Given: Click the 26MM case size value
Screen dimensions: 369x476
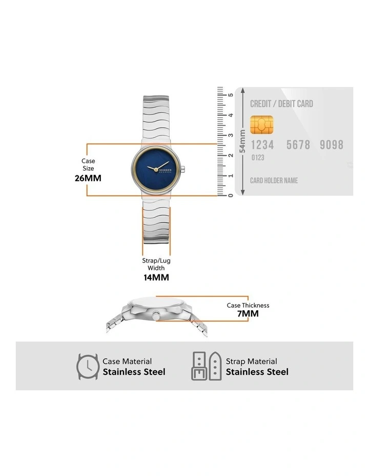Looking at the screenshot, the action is (x=88, y=178).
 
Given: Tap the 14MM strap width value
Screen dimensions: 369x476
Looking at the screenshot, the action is (x=156, y=277).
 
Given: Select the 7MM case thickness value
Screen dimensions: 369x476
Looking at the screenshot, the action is (x=248, y=313).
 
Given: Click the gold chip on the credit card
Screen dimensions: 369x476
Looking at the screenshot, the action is (x=262, y=125).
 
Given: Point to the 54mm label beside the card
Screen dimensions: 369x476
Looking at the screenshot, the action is (x=242, y=142).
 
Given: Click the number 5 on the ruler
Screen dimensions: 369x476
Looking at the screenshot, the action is (x=231, y=95).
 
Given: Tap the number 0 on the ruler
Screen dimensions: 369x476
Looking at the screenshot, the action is (x=231, y=195).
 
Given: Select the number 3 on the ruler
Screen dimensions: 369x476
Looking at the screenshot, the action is (x=231, y=135).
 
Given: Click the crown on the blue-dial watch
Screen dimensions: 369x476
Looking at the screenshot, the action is (x=183, y=169).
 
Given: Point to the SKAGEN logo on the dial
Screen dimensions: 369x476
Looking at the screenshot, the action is (x=165, y=170).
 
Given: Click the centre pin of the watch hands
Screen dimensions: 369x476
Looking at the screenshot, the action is (x=156, y=169).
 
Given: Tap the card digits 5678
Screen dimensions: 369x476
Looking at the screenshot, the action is (x=298, y=145).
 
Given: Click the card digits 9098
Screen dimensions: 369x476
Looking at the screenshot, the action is (x=332, y=145).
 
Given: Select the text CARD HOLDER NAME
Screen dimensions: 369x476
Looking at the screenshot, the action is (x=274, y=181).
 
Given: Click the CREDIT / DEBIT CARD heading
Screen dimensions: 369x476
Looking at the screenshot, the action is (x=281, y=104).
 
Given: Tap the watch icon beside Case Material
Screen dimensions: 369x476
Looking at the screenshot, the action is (x=88, y=366).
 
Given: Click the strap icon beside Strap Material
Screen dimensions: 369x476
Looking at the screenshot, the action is (x=207, y=366).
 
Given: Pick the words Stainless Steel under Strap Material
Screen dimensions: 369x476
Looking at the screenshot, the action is (x=257, y=372).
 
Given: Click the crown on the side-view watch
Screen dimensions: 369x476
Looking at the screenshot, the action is (x=156, y=316).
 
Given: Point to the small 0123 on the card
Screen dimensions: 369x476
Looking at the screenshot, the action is (x=258, y=157).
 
